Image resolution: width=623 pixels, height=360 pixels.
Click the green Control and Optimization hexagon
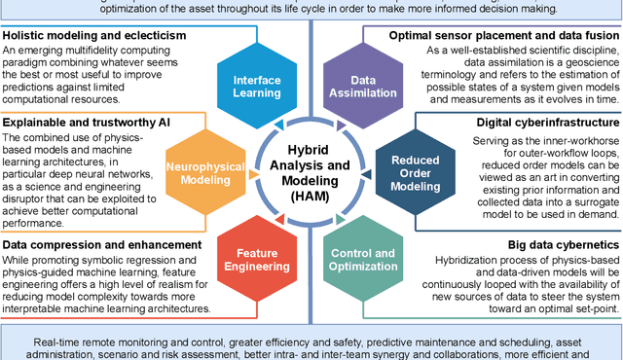(370, 262)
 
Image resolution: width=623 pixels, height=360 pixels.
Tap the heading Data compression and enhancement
(102, 244)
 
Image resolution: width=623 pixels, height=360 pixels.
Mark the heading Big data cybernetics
(562, 244)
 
